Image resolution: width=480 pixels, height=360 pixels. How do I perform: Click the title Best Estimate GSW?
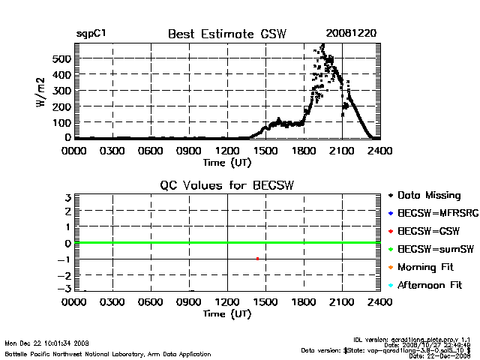(226, 34)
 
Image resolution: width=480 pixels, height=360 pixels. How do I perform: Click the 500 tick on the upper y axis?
(61, 58)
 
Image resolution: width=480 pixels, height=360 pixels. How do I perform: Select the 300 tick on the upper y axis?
(61, 91)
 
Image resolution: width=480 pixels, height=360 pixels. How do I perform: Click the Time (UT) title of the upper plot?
(226, 161)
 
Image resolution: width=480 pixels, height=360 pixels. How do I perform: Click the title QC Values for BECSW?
(226, 185)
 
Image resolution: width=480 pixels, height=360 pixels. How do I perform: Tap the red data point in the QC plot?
(257, 259)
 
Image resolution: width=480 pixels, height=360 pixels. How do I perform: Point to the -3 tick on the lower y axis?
(66, 289)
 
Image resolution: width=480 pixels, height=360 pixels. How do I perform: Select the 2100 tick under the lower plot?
(342, 302)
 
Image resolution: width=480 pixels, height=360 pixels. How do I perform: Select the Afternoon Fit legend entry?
(430, 286)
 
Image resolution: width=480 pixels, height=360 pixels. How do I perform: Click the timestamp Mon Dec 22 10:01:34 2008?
(46, 343)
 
